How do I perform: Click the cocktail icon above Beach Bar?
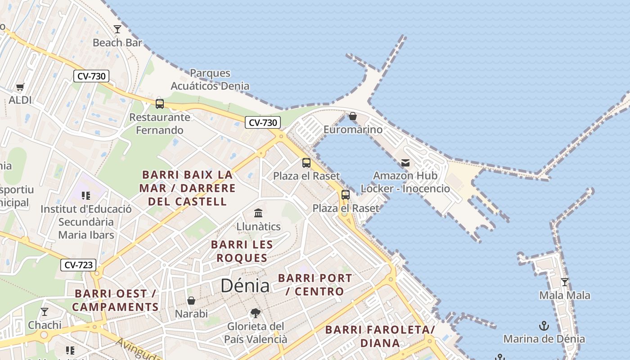(117, 29)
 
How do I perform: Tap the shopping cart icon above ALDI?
(20, 87)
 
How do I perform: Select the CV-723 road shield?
(78, 265)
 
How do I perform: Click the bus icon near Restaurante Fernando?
(160, 103)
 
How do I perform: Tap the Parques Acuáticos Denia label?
(210, 79)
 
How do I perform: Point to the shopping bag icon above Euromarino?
(353, 117)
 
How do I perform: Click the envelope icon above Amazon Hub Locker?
(405, 162)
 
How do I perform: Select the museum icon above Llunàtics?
(258, 213)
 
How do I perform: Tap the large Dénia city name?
(245, 286)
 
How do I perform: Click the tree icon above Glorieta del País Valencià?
(255, 313)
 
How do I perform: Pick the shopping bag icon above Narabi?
(191, 300)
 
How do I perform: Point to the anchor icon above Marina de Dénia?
(544, 325)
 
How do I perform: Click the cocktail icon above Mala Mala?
(564, 282)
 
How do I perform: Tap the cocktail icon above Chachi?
(44, 311)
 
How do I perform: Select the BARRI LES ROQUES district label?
(242, 251)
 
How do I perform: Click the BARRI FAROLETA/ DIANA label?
(380, 336)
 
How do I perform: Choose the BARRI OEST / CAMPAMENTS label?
(115, 300)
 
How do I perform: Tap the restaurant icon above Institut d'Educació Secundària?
(85, 195)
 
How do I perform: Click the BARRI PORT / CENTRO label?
(315, 284)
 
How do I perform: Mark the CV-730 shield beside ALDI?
(91, 76)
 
